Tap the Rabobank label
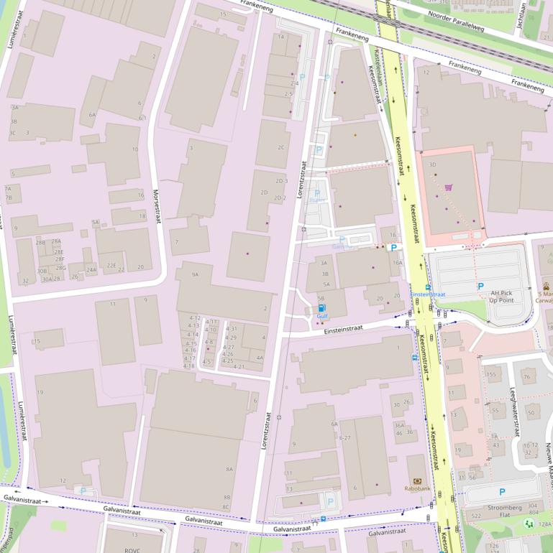[x=417, y=489]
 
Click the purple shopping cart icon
[x=449, y=187]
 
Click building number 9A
[x=195, y=274]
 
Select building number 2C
[x=281, y=147]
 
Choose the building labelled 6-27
[x=344, y=437]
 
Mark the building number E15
[x=36, y=342]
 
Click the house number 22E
[x=111, y=266]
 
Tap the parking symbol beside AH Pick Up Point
[x=480, y=286]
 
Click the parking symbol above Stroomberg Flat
[x=502, y=492]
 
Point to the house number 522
[x=476, y=516]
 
